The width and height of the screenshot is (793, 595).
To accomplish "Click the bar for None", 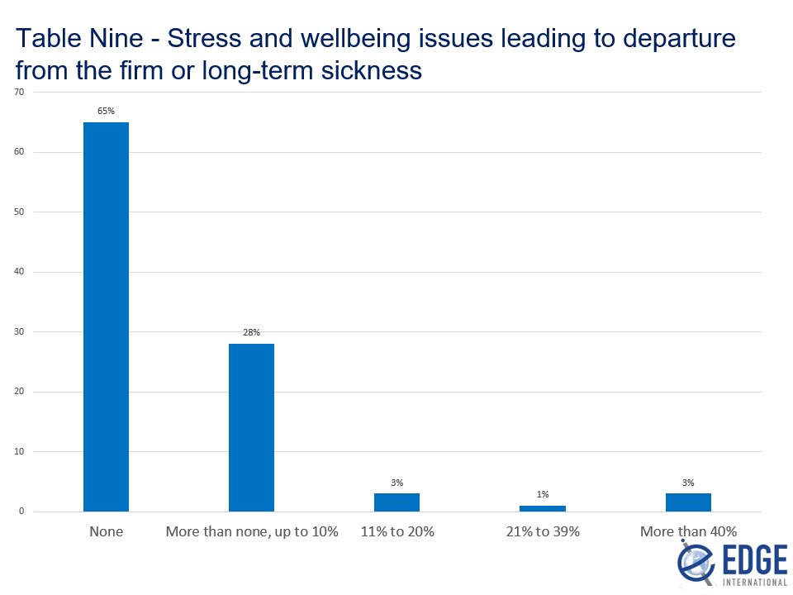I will (x=106, y=317).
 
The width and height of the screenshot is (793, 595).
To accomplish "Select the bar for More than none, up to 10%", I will (x=251, y=427).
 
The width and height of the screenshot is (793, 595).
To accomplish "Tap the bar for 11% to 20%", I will (x=396, y=502).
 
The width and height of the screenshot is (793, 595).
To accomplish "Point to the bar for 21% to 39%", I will (x=543, y=508).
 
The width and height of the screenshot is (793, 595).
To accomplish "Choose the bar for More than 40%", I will (x=688, y=502).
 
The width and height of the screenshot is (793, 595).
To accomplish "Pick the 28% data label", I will (x=251, y=332).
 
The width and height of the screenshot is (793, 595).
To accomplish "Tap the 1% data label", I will (x=543, y=493).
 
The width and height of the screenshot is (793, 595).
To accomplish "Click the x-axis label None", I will (x=106, y=531).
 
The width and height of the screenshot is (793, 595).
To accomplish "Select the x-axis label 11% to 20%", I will (x=396, y=531).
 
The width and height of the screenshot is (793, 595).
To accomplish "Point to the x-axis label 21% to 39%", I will (x=543, y=531).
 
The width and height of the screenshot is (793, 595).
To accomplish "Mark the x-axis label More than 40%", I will (x=688, y=531).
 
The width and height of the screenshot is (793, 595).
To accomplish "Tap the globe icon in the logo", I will (x=692, y=562).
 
